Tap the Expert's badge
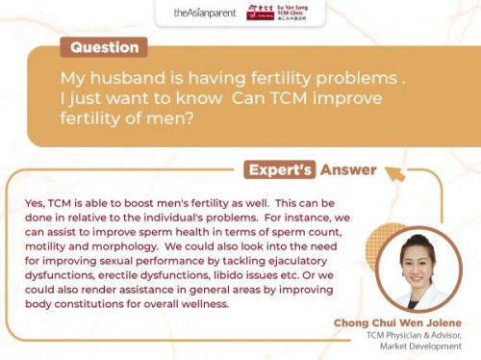coord(282,169)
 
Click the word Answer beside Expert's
coord(348,169)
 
